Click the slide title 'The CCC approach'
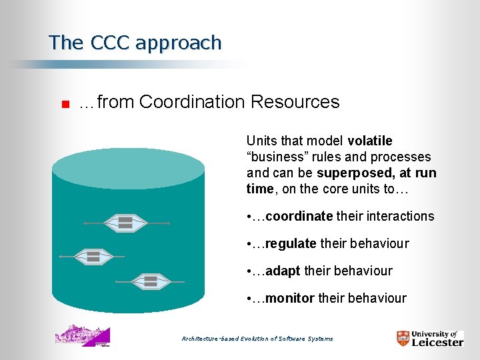(x=135, y=43)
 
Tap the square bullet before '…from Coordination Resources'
(x=65, y=103)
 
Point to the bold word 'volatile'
(x=370, y=141)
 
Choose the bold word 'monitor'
(x=290, y=298)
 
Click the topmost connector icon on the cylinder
(x=125, y=223)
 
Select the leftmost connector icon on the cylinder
(x=93, y=256)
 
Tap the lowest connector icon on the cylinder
(x=151, y=281)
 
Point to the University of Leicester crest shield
(x=403, y=338)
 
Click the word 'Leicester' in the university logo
(x=437, y=342)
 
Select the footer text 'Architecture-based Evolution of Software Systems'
(x=257, y=339)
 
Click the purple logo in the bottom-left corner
(x=83, y=335)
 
